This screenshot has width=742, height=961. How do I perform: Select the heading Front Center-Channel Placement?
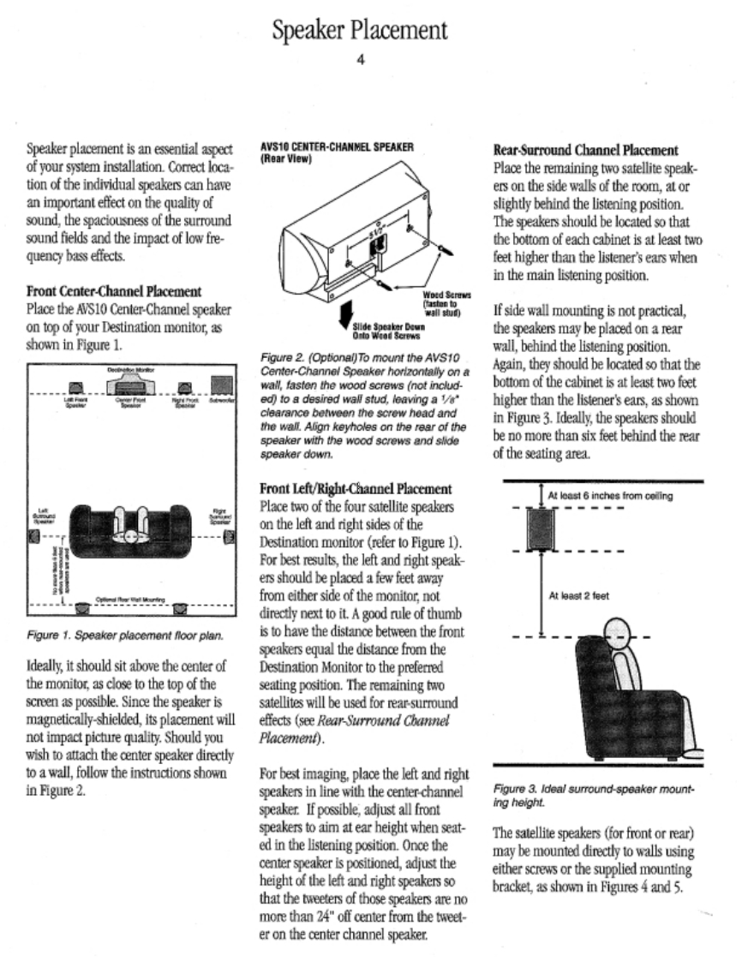[115, 291]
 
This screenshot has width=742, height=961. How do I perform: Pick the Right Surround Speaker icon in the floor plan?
[228, 538]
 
